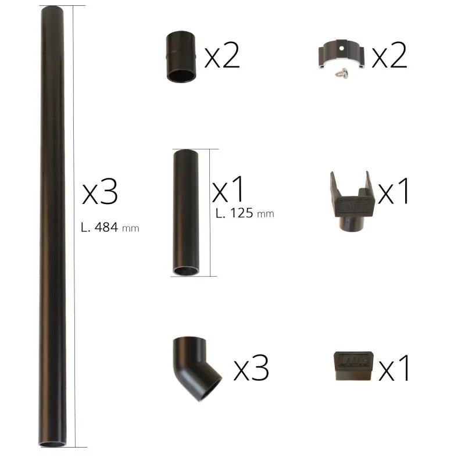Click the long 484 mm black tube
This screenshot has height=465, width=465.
(52, 226)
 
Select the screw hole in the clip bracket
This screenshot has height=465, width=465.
(342, 48)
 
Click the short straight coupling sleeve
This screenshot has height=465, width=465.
(181, 56)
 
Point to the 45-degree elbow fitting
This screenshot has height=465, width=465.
(196, 368)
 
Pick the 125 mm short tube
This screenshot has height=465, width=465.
(186, 212)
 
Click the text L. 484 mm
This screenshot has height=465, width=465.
(110, 228)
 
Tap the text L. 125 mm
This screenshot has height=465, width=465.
(245, 213)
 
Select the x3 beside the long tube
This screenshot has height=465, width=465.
(100, 192)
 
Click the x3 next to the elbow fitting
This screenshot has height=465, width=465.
(251, 367)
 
